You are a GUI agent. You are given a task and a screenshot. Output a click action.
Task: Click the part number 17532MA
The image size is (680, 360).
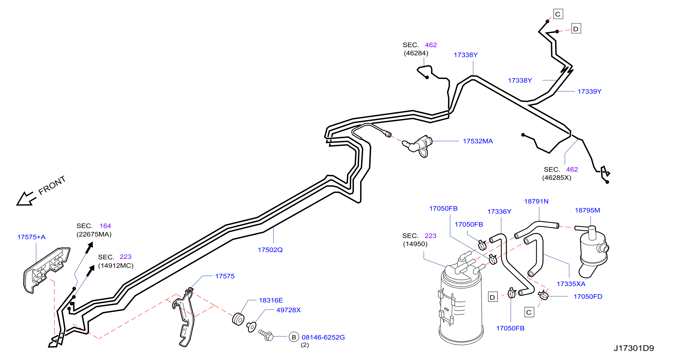pos(478,141)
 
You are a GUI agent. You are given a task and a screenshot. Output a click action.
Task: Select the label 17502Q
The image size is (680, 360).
pos(270,250)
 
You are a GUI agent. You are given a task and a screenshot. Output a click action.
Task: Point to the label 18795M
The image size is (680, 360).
pos(587,211)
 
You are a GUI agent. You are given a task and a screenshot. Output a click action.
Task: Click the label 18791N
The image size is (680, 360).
pos(536,202)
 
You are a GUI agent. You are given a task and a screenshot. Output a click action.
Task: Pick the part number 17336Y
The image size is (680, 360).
pos(499,212)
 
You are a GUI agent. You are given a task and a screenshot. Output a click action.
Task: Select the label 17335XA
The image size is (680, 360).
pos(571,284)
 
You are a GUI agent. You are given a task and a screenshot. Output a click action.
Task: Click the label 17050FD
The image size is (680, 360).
pos(588,297)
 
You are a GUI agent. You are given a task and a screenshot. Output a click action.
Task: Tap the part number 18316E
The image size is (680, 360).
pos(271,301)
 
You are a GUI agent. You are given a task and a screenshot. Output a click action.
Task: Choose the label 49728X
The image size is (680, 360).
pos(288,310)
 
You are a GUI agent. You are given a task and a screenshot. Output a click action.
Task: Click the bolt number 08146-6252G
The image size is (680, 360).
pos(323,337)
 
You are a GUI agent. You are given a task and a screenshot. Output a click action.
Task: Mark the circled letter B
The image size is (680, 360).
pos(294,337)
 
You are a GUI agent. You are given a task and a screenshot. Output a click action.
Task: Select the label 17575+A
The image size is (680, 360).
pos(32,237)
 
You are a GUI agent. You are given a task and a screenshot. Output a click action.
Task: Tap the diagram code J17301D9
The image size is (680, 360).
pos(633,348)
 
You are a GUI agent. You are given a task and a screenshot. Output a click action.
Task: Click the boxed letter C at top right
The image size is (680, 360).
pos(558,14)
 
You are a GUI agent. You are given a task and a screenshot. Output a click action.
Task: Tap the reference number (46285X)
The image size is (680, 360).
pos(557,178)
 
